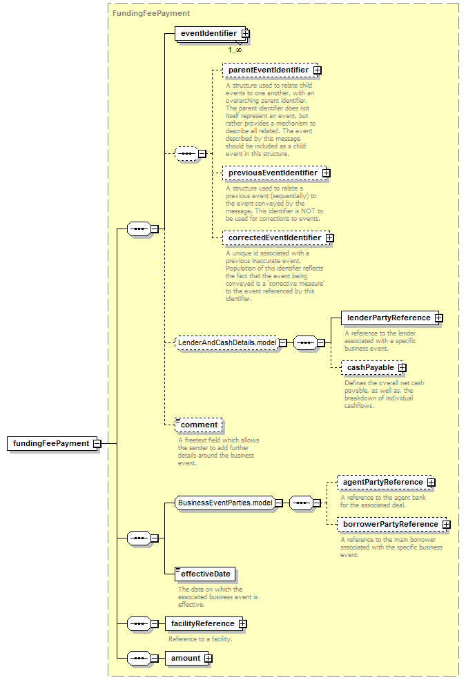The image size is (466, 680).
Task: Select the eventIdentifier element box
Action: point(211,33)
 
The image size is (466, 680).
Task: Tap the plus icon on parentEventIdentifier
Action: point(318,70)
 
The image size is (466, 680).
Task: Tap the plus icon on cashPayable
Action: point(402,368)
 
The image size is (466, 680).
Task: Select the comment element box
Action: point(199,425)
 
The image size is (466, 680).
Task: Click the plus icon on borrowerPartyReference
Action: point(446,525)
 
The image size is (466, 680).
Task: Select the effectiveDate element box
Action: point(205,574)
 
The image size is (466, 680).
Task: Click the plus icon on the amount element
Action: point(208,659)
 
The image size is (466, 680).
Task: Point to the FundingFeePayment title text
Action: point(151,13)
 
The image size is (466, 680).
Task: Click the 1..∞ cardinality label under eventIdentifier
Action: point(235,50)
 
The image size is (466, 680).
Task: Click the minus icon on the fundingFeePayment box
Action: point(97,444)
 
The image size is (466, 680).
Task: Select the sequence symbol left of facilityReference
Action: point(139,623)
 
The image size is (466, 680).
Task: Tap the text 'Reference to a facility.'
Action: point(200,639)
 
